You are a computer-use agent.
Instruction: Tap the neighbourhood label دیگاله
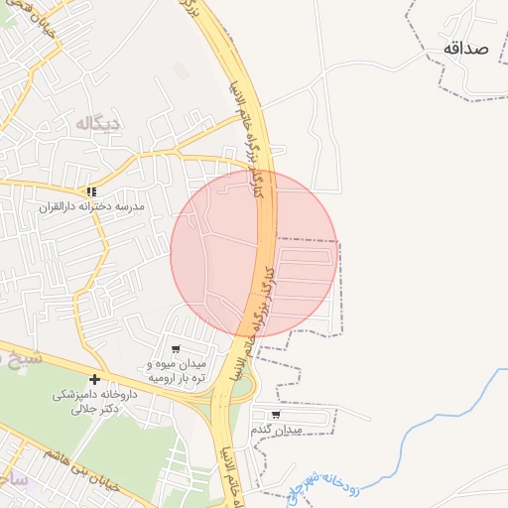click(98, 122)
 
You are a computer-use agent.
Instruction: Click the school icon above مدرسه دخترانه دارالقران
click(91, 190)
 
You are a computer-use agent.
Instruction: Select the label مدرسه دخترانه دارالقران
click(91, 206)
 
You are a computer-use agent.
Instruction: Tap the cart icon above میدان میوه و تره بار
click(176, 349)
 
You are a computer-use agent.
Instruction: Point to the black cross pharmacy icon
click(94, 379)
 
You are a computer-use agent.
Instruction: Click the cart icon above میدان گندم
click(275, 414)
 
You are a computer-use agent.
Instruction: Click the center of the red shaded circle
click(254, 253)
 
